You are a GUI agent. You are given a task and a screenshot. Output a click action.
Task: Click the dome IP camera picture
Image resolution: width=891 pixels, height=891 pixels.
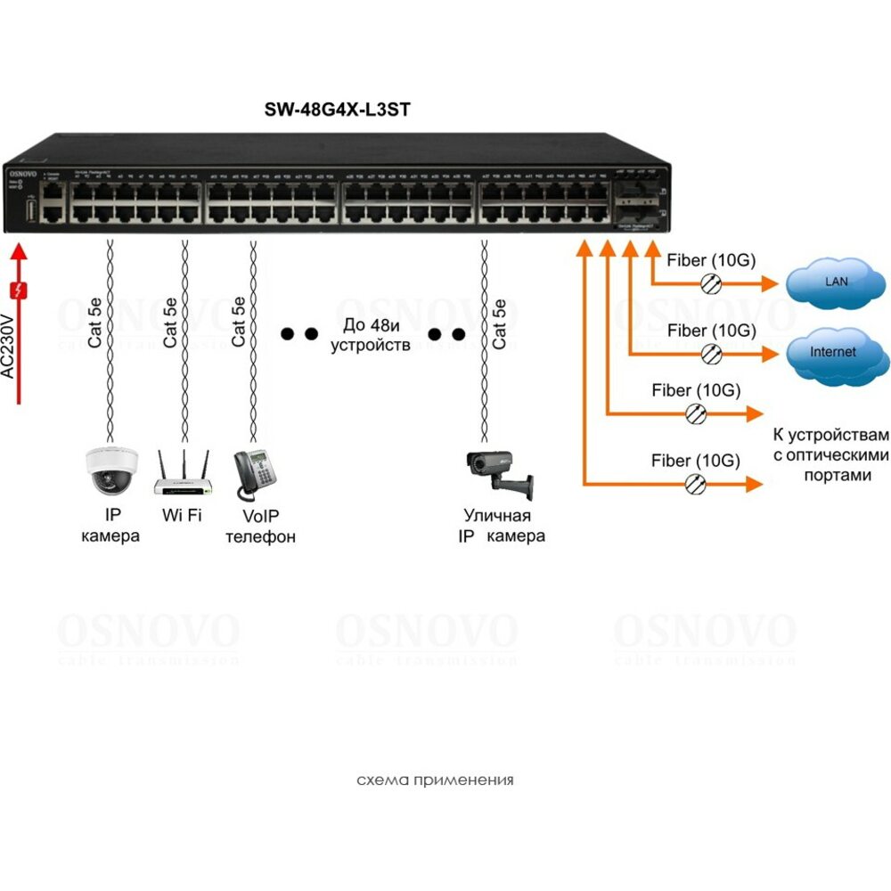coord(111,470)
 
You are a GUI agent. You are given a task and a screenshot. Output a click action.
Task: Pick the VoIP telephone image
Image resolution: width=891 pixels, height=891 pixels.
coord(254,474)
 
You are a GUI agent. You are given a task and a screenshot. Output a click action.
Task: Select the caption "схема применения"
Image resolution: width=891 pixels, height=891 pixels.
coord(435,781)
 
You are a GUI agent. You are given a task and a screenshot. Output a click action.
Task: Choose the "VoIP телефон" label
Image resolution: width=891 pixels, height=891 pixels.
coord(259,526)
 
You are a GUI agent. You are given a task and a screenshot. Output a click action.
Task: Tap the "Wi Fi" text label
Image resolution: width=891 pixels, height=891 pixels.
coord(182,515)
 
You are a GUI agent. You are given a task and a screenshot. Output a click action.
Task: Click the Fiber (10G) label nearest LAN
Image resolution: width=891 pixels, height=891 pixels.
coord(711,261)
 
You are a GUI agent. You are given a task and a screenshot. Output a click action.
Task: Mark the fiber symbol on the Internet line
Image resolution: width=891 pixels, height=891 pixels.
coord(709,354)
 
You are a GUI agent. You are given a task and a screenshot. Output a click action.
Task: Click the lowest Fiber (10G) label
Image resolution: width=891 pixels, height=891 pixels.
coord(696,461)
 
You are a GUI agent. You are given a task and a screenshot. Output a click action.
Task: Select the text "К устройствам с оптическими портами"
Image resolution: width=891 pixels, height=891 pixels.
coord(830,454)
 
